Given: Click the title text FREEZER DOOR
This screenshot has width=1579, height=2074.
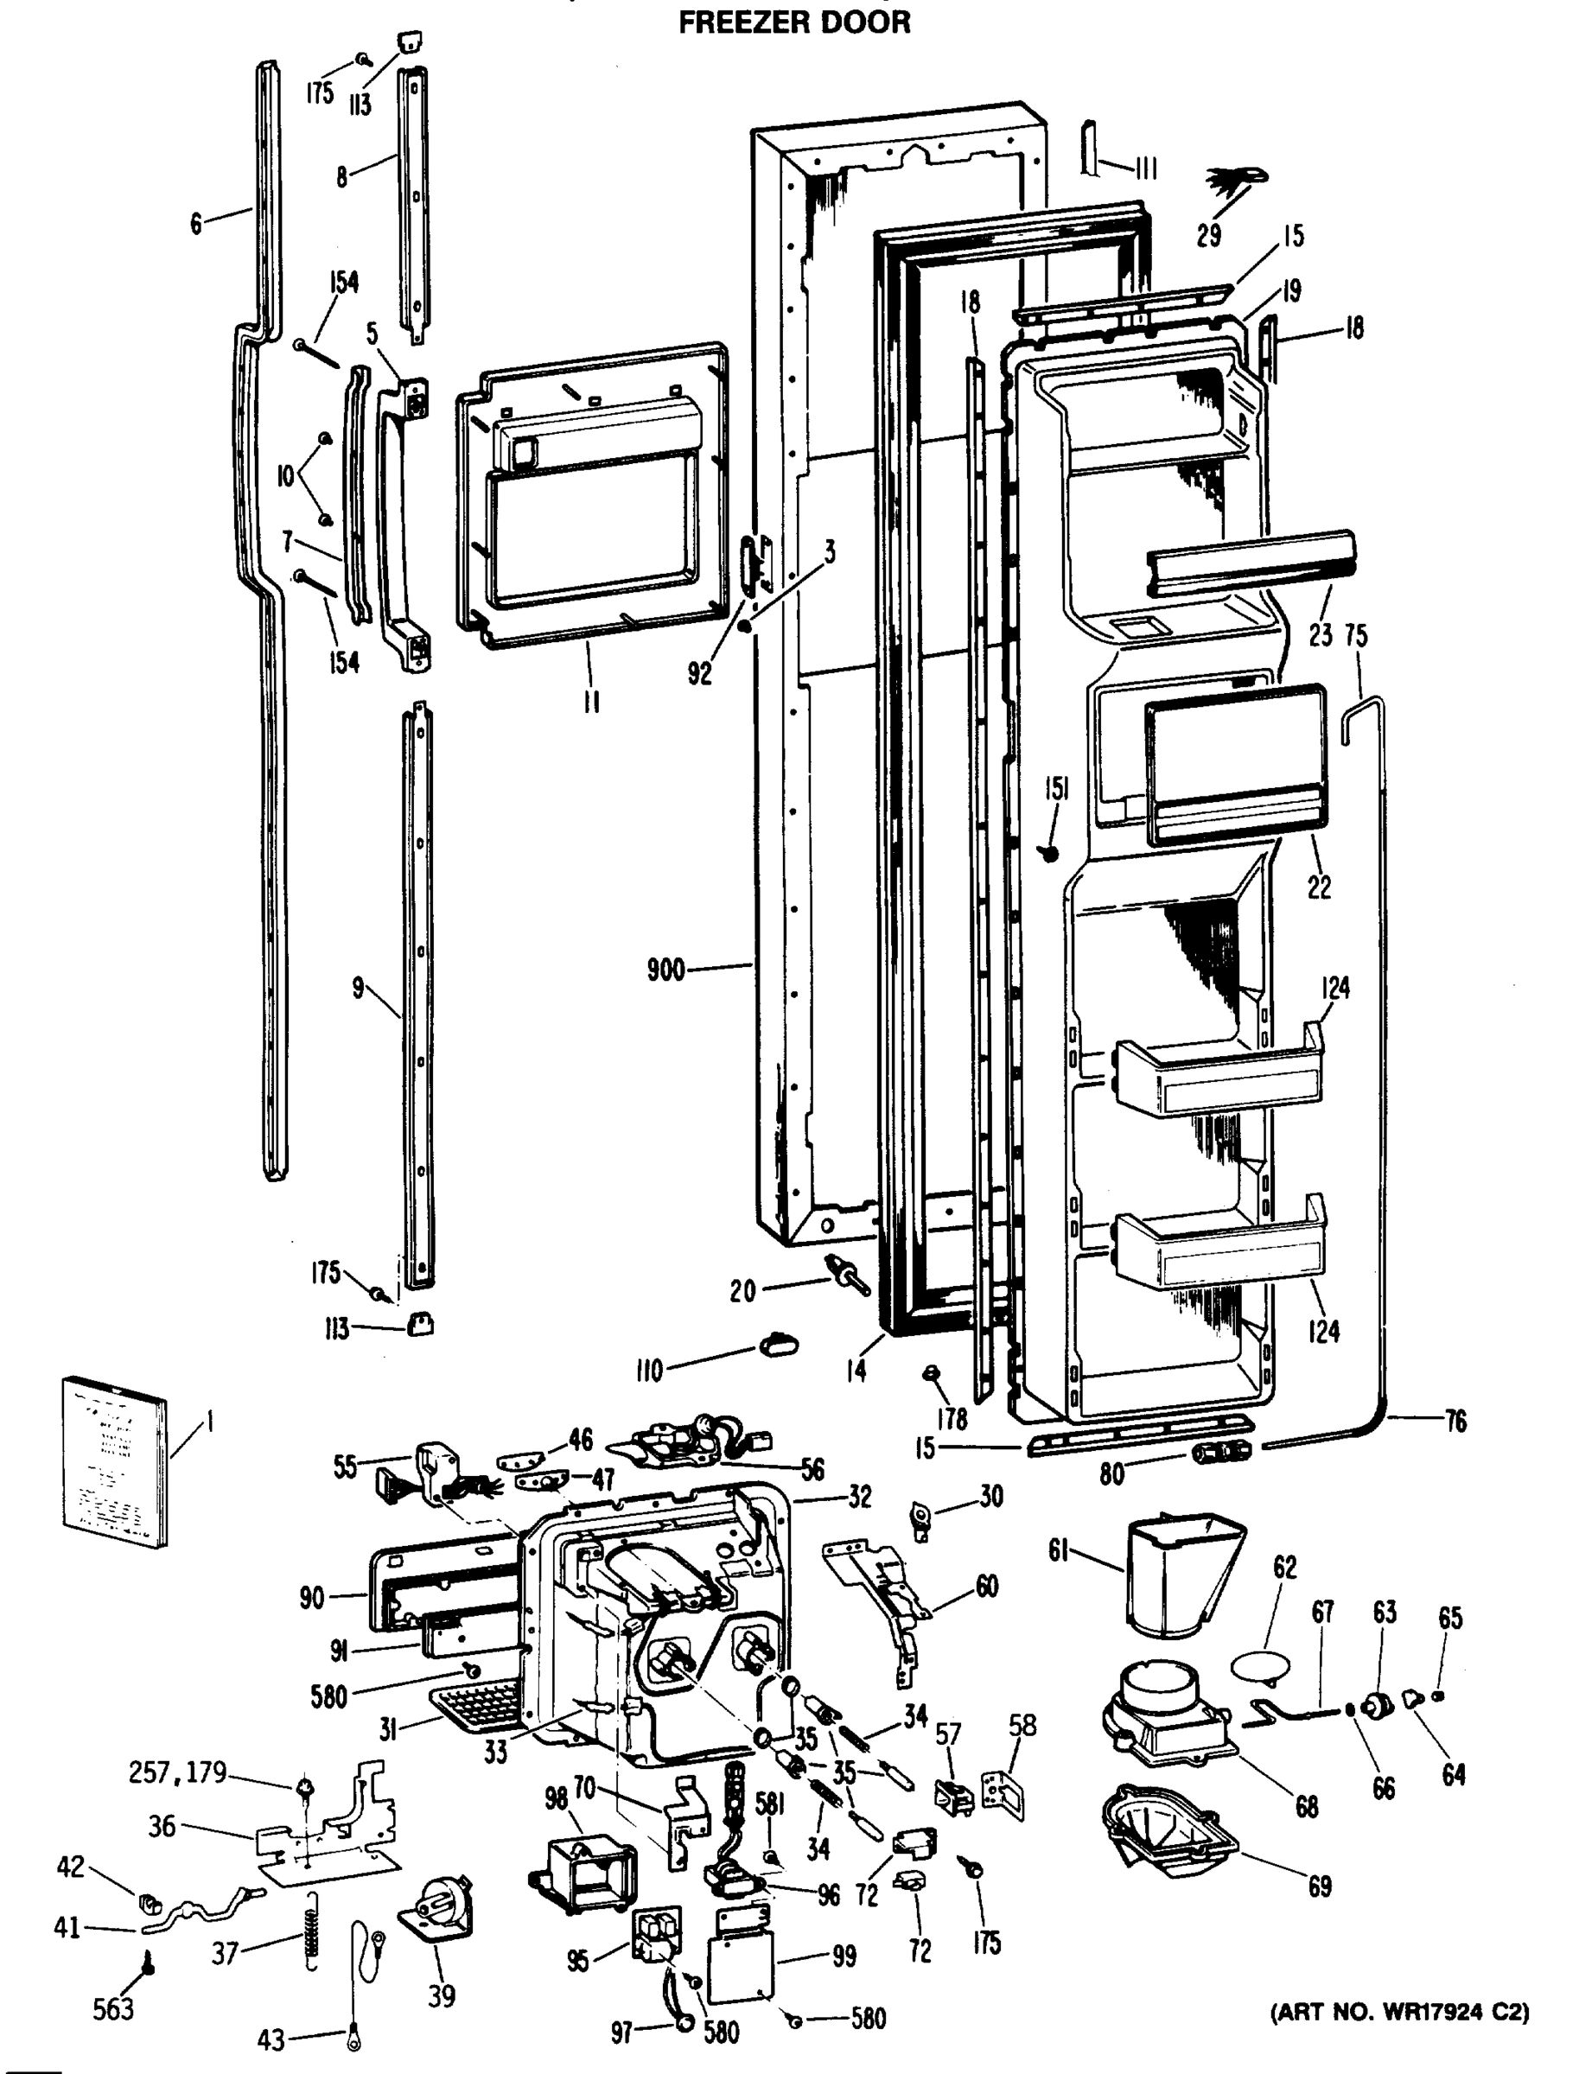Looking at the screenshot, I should coord(794,22).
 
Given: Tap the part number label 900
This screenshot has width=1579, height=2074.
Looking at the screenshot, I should coord(665,970).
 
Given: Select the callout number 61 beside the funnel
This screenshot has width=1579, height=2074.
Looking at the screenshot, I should coord(1060,1550).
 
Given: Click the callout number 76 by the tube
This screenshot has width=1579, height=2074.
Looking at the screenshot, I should coord(1454,1422).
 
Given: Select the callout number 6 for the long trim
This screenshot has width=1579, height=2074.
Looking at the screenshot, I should coord(194,224).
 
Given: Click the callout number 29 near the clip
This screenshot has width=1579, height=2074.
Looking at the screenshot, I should coord(1209,235).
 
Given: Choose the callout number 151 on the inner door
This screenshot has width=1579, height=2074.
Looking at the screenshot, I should coord(1056,789).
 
